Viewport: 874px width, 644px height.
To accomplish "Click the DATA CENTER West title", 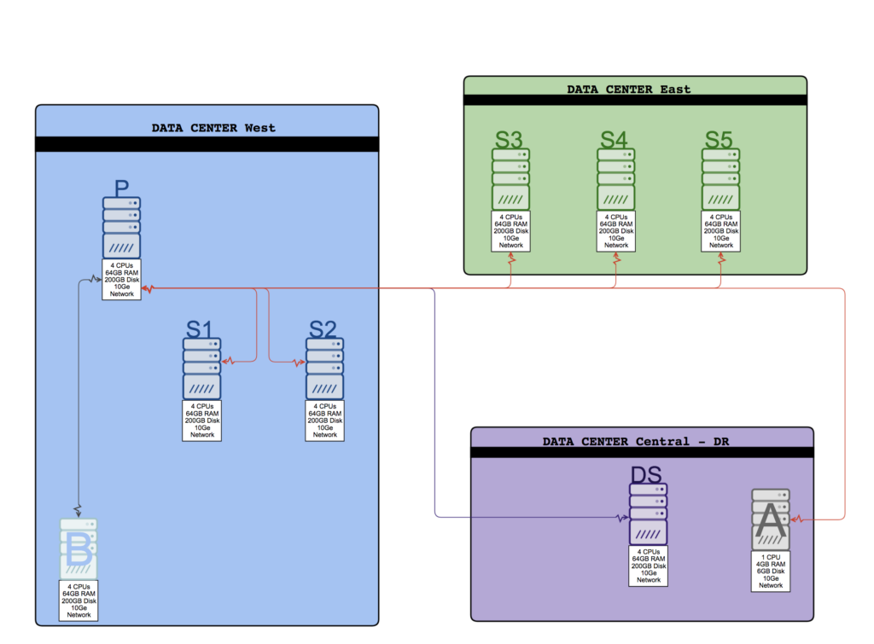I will tap(213, 128).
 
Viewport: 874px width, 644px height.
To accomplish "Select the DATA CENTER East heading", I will tap(629, 89).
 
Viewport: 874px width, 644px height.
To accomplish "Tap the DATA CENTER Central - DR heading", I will tap(636, 442).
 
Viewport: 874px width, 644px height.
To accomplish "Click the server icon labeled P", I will tap(121, 229).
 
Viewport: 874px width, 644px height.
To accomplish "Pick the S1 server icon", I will tap(201, 368).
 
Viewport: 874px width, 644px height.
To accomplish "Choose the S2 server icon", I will tap(324, 368).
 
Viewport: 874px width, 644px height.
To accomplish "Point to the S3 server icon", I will tap(510, 179).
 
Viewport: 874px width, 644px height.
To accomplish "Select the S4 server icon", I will tap(615, 179).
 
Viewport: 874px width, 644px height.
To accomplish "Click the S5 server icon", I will tap(720, 179).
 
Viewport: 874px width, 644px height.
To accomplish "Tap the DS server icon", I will tap(648, 514).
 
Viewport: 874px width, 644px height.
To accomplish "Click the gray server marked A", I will tap(770, 519).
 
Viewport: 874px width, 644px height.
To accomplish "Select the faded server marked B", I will tap(79, 548).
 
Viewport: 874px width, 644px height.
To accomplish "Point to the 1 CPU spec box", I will tap(771, 571).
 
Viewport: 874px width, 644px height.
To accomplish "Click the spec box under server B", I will tap(79, 601).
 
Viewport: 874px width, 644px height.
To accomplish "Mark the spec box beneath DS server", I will tap(648, 566).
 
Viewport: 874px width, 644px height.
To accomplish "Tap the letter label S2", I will tap(323, 329).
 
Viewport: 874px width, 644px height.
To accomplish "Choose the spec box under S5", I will tap(720, 231).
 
